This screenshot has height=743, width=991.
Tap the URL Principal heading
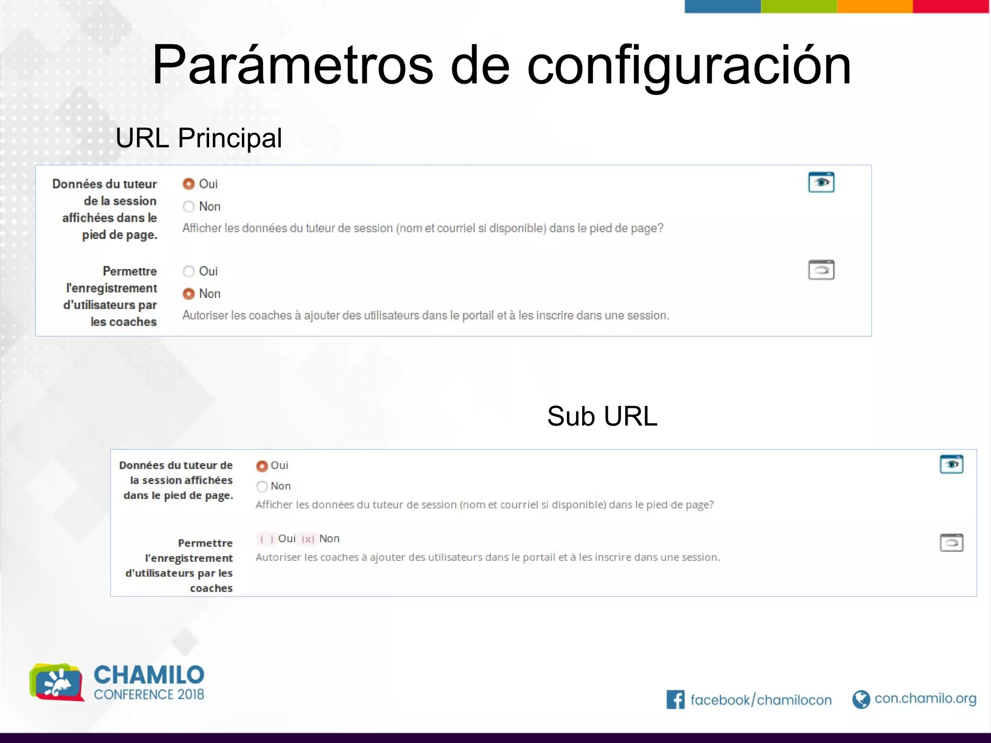(x=198, y=138)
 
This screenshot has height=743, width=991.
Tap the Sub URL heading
(x=602, y=416)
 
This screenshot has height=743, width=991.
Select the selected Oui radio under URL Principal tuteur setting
(x=189, y=184)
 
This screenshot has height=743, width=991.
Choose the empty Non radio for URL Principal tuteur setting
(x=189, y=207)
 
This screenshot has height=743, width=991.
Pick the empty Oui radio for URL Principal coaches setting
(x=189, y=271)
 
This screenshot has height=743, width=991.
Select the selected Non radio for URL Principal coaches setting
(x=189, y=294)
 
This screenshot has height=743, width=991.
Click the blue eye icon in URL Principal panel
(x=821, y=182)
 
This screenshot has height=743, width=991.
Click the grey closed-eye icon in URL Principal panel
(x=821, y=270)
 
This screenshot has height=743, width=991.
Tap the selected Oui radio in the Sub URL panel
(x=262, y=466)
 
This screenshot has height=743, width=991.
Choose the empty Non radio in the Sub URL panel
(x=262, y=486)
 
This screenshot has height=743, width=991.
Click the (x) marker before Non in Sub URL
(x=308, y=539)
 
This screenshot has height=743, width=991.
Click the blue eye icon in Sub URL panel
(x=951, y=464)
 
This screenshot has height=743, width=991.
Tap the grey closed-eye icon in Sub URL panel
(x=951, y=543)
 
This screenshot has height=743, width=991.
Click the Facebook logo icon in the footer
(x=676, y=699)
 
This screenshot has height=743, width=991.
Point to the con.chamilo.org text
(x=925, y=698)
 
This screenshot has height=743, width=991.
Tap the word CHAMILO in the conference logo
(x=149, y=675)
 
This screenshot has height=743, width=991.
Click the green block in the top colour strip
(x=799, y=6)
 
